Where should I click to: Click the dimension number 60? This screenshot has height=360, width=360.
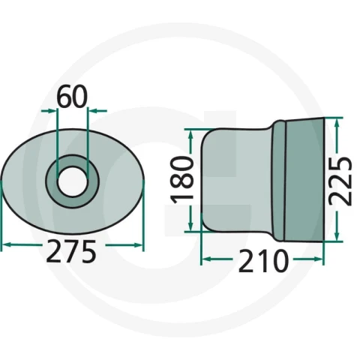[73, 96]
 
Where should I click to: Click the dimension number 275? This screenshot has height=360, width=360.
[71, 251]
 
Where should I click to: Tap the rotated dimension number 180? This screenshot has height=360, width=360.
[182, 179]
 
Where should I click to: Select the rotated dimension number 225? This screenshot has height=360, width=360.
[340, 181]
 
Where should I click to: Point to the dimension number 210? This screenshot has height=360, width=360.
[263, 261]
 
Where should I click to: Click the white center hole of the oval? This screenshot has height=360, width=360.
[73, 181]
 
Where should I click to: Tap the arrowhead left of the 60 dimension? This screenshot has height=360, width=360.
[50, 111]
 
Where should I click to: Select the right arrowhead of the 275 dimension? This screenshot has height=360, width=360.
[138, 245]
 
